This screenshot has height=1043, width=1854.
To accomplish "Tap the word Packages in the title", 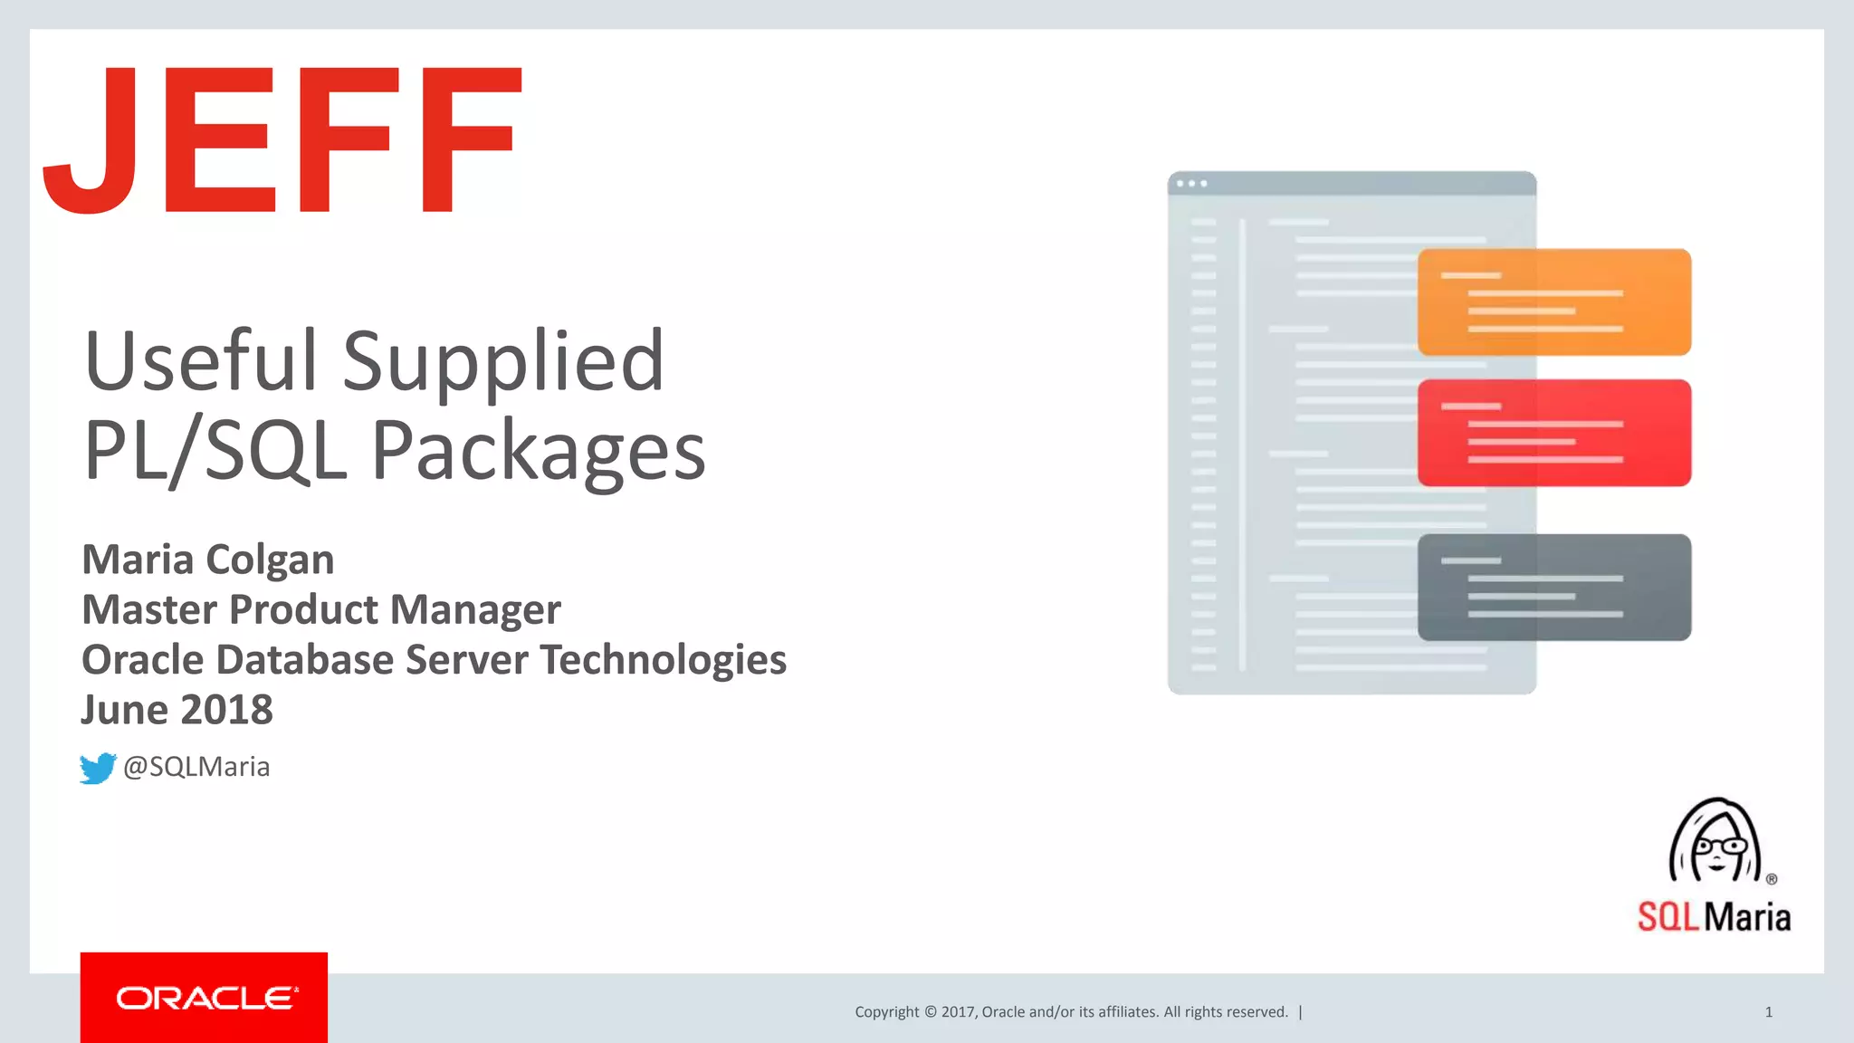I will pyautogui.click(x=538, y=451).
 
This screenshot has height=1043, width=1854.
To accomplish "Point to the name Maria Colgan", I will pyautogui.click(x=208, y=560).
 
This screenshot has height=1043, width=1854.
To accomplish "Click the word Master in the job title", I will pyautogui.click(x=148, y=609).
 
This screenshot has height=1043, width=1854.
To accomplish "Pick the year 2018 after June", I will pyautogui.click(x=226, y=710).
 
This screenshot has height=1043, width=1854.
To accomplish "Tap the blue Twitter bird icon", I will pyautogui.click(x=98, y=768).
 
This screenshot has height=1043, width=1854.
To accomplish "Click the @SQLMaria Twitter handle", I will pyautogui.click(x=196, y=767).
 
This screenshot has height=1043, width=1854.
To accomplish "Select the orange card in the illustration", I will pyautogui.click(x=1553, y=301).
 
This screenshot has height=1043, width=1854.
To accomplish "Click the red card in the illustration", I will pyautogui.click(x=1553, y=433).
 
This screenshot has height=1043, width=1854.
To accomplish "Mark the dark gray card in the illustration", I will pyautogui.click(x=1553, y=587).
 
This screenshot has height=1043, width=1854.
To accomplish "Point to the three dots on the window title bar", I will pyautogui.click(x=1191, y=184).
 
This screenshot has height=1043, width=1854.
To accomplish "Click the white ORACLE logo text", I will pyautogui.click(x=205, y=998).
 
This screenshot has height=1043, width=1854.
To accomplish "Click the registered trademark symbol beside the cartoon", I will pyautogui.click(x=1772, y=878).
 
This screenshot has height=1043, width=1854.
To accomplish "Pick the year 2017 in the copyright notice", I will pyautogui.click(x=958, y=1012).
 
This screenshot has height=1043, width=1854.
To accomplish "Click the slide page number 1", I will pyautogui.click(x=1768, y=1012).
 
